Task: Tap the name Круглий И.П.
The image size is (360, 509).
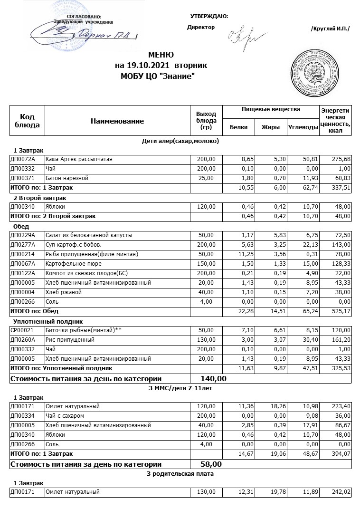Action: coord(330,29)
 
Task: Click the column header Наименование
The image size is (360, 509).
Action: coord(117,121)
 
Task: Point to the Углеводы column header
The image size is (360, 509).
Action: coord(303,127)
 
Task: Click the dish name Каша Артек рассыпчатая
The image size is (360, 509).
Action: coord(79,159)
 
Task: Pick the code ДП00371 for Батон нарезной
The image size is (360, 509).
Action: coord(23,178)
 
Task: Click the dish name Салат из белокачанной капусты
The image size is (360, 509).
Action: coord(89,235)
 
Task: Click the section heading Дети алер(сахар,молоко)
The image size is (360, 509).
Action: coord(180,141)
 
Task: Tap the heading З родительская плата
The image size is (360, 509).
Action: coord(180,474)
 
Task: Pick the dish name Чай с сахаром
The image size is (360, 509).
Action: coord(65,416)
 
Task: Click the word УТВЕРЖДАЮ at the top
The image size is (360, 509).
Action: coord(209,17)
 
